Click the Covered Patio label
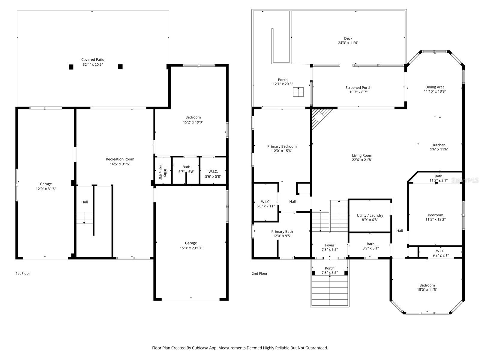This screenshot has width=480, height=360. tap(93, 60)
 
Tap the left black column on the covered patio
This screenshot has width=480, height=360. tap(71, 67)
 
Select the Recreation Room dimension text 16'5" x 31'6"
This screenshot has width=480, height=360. tap(120, 164)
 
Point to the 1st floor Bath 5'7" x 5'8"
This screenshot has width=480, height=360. tap(186, 169)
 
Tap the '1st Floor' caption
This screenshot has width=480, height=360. tap(23, 274)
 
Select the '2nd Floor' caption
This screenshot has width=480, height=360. tap(259, 274)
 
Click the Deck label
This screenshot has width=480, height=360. tap(348, 38)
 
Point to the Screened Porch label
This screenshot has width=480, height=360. tap(358, 88)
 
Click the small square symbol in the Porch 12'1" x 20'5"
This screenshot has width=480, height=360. tap(298, 92)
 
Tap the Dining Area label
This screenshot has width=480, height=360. tap(435, 87)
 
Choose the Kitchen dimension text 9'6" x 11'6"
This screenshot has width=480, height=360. tap(439, 149)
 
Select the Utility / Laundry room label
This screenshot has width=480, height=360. tap(370, 215)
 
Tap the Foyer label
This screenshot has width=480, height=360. tap(329, 245)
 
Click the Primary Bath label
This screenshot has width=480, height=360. tap(282, 232)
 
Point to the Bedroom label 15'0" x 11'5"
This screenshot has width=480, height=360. tap(427, 285)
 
